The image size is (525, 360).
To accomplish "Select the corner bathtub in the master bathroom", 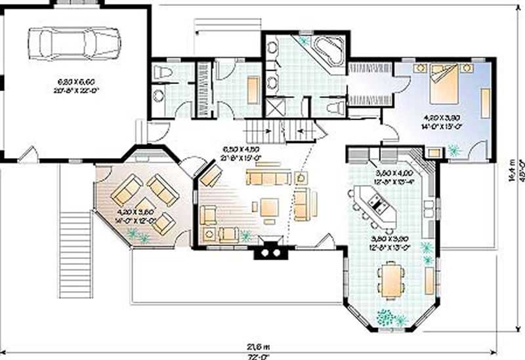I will pyautogui.click(x=326, y=52).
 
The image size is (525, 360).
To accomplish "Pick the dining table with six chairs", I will pyautogui.click(x=390, y=280).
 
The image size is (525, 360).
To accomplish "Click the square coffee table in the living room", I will pyautogui.click(x=270, y=208).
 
